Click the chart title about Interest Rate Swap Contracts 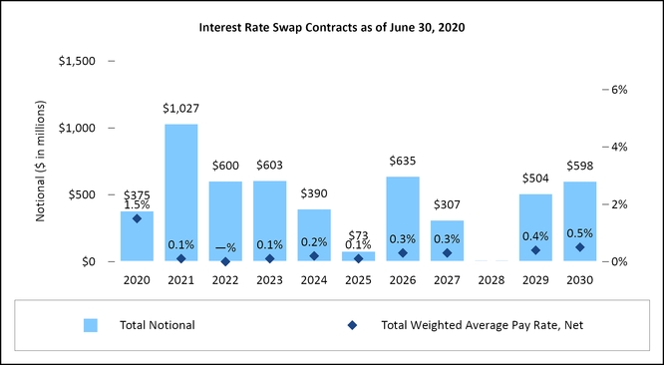(332, 28)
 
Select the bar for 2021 (181, 192)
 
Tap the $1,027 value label (180, 109)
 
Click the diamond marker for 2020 (137, 218)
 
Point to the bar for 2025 (358, 256)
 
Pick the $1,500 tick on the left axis (77, 62)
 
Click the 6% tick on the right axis (618, 90)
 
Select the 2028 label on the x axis (492, 280)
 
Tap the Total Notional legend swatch (91, 325)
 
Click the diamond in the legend (352, 325)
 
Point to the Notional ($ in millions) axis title (40, 161)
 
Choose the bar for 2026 (403, 219)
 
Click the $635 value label (403, 161)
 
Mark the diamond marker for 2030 (579, 247)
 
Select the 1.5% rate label (137, 205)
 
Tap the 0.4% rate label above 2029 (535, 236)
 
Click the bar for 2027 (448, 241)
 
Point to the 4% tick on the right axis (618, 147)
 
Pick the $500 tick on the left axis (83, 194)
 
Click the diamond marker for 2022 (225, 261)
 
